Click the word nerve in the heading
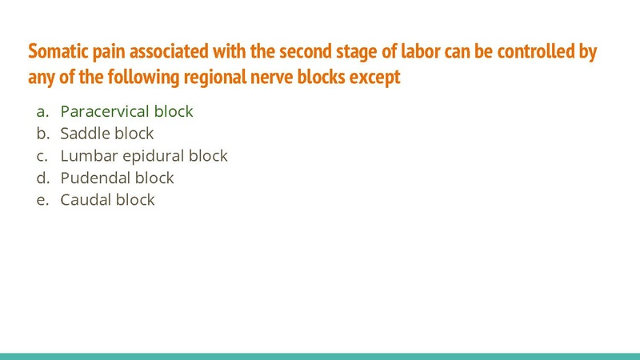point(291,78)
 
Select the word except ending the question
point(374,78)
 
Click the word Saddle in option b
point(84,134)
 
